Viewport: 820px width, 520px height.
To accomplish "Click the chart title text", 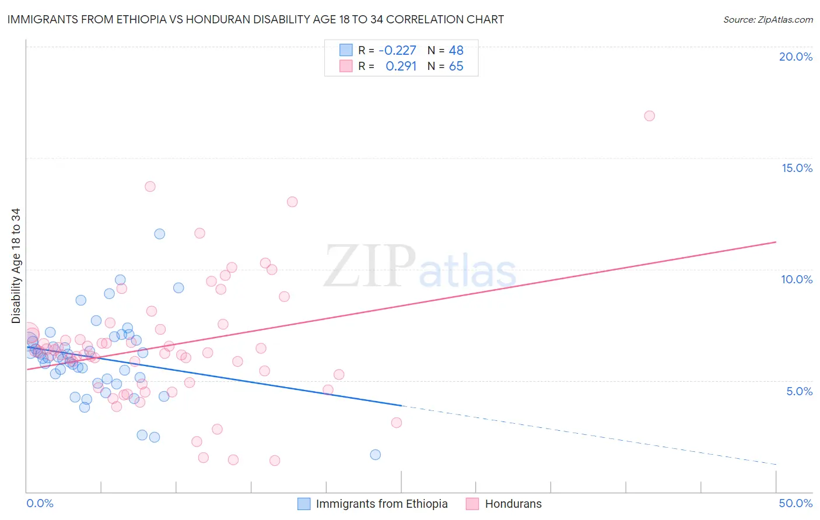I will (255, 19).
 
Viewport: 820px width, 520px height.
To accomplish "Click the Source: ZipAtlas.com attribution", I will (768, 19).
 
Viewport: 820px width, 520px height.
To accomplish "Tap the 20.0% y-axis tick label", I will (796, 57).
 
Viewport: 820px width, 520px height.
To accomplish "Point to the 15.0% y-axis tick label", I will (797, 168).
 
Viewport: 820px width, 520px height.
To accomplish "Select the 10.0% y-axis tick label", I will (797, 279).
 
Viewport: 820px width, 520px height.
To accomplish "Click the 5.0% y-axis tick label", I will (799, 391).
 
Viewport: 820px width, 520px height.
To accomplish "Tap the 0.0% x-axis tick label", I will (40, 503).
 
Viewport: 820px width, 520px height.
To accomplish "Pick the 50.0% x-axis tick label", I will (796, 503).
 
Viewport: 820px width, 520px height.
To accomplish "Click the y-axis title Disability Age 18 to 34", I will (16, 266).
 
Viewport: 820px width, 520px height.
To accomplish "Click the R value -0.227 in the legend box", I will (397, 51).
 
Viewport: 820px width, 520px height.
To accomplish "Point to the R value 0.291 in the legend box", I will (401, 66).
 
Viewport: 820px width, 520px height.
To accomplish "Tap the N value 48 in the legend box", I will (456, 51).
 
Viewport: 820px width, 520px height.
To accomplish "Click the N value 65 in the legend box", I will (456, 66).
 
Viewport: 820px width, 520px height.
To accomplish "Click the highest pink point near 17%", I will (649, 116).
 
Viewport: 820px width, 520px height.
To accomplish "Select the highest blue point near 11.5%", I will (159, 234).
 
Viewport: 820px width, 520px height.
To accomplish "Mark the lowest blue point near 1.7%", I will (375, 455).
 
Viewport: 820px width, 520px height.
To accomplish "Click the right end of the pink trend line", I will (776, 242).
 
